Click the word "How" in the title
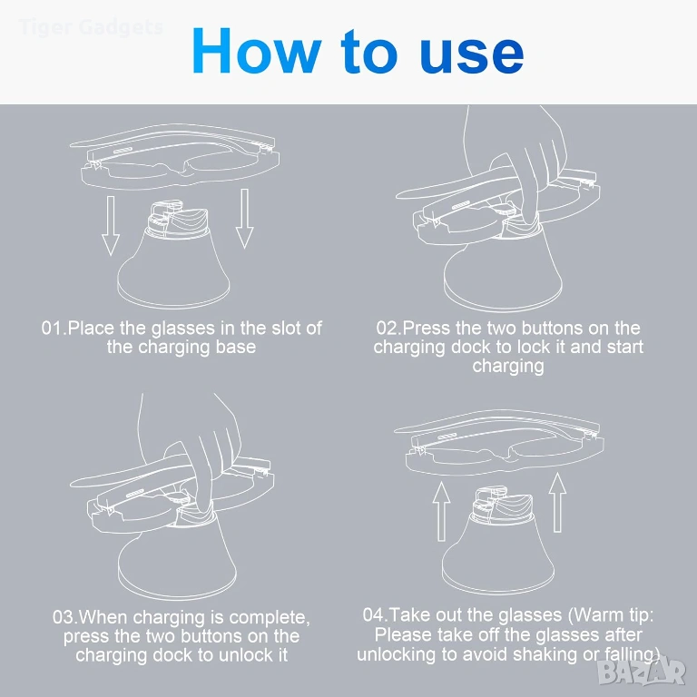(257, 51)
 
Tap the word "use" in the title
(472, 55)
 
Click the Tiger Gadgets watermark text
(91, 27)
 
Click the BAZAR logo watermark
(642, 672)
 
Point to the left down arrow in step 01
(111, 226)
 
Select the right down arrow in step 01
(244, 219)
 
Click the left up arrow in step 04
(441, 512)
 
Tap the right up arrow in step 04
(557, 502)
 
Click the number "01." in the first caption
(54, 329)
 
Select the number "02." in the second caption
(389, 329)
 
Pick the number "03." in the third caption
(65, 617)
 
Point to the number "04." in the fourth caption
(376, 615)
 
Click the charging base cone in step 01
(173, 267)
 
